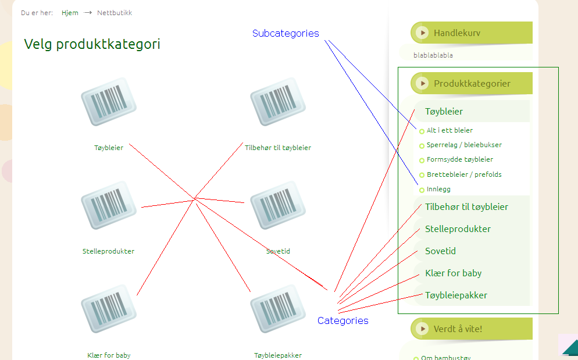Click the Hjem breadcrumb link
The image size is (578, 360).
[70, 13]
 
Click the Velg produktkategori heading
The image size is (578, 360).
[92, 44]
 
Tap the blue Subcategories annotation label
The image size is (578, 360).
[286, 33]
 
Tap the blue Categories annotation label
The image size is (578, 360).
[343, 320]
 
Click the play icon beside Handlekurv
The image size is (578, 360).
[422, 33]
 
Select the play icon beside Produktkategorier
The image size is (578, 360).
[422, 83]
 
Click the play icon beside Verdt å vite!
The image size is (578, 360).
[422, 329]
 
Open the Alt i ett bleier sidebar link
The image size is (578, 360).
[449, 130]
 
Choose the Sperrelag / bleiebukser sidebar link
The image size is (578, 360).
[464, 145]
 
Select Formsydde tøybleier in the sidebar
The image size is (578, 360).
[460, 159]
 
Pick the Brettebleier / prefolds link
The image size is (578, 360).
[464, 174]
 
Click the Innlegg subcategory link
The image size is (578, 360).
[438, 189]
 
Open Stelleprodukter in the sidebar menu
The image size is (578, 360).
[458, 229]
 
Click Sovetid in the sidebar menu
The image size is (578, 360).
[441, 251]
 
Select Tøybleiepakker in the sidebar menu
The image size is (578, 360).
[456, 295]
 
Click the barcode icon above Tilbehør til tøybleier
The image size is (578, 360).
[278, 102]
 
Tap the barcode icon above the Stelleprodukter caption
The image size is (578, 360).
[109, 205]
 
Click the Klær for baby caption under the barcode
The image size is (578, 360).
[109, 355]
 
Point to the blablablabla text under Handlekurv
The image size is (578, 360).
[433, 55]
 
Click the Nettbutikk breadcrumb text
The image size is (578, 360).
[115, 13]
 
